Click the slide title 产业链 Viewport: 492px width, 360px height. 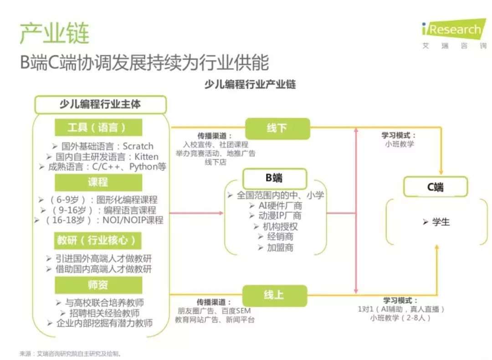click(55, 33)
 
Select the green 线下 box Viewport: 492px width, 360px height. click(277, 128)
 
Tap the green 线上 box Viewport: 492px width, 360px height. click(275, 295)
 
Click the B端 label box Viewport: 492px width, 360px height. click(275, 178)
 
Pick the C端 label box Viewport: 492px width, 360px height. click(436, 187)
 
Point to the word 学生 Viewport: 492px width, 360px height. click(441, 222)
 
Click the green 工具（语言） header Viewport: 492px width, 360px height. click(98, 127)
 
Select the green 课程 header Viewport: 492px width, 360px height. click(98, 182)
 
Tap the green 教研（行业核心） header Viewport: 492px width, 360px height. click(98, 240)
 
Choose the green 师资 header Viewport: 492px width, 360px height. click(98, 285)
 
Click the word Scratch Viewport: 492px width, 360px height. click(138, 146)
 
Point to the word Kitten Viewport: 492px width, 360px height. click(147, 157)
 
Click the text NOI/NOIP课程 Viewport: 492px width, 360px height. click(133, 220)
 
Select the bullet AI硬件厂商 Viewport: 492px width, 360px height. click(280, 206)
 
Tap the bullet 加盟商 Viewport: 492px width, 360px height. click(280, 248)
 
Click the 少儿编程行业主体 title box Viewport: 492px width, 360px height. click(100, 104)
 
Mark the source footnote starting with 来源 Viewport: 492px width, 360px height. click(70, 354)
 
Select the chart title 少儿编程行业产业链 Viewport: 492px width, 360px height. click(250, 84)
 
